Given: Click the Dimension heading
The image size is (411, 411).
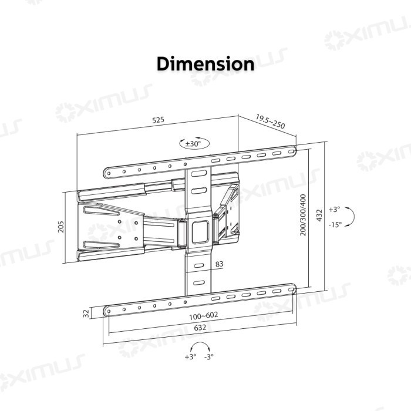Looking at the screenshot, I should click(206, 64).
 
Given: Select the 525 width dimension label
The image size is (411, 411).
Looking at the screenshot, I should click(158, 120).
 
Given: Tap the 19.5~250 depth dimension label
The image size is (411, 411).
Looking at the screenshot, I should click(269, 122).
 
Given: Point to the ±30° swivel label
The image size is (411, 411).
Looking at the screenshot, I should click(193, 143).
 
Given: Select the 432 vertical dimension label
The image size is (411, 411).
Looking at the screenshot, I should click(319, 215).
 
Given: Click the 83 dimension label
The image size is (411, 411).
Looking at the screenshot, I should click(219, 265).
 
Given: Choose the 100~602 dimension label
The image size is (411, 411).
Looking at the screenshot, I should click(203, 315).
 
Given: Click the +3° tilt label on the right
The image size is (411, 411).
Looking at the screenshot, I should click(334, 210).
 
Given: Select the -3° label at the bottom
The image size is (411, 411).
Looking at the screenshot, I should click(208, 356).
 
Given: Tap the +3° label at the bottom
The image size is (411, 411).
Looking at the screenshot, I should click(190, 356).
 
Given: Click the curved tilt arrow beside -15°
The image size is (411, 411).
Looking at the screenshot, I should click(348, 217).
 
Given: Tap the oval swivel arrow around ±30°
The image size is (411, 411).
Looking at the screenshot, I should click(193, 143).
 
